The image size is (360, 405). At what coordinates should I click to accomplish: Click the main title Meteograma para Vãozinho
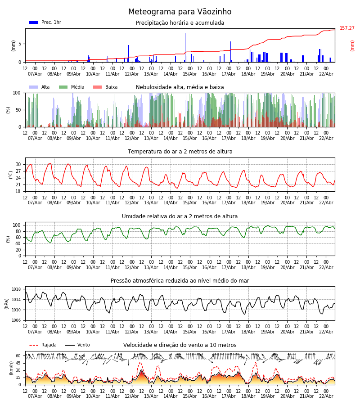coord(180,12)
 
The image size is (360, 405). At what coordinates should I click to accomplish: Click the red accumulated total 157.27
coord(347,28)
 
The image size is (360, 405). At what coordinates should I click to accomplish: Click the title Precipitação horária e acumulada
coord(180,23)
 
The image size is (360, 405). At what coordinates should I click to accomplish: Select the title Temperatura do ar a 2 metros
coord(180,152)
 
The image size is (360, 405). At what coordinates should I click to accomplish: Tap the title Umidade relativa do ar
coord(180,216)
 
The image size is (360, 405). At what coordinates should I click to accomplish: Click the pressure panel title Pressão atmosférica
coord(180,281)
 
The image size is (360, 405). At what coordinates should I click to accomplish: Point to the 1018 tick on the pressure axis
coord(17,289)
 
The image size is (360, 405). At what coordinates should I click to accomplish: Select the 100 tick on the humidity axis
coord(17,225)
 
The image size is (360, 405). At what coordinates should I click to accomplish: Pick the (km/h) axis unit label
coord(11,368)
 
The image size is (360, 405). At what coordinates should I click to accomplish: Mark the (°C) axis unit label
coord(11,175)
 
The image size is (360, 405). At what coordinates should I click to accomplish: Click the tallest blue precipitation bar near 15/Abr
coord(185,45)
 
